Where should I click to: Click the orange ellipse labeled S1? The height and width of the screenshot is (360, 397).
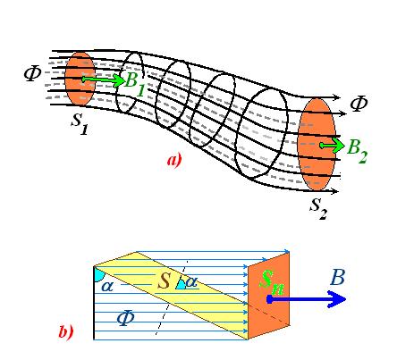pyautogui.click(x=80, y=79)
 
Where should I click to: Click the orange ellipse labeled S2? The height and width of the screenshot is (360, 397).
pyautogui.click(x=317, y=145)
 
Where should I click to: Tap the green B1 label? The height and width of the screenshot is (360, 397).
pyautogui.click(x=135, y=83)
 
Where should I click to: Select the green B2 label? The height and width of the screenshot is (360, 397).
pyautogui.click(x=357, y=151)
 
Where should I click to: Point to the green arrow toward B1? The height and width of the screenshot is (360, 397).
pyautogui.click(x=103, y=80)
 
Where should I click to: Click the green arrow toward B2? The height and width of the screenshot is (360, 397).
pyautogui.click(x=332, y=146)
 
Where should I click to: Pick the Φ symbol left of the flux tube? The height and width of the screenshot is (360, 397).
pyautogui.click(x=32, y=73)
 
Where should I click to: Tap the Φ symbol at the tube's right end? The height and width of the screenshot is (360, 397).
pyautogui.click(x=359, y=104)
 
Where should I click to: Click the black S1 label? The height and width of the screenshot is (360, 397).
pyautogui.click(x=80, y=123)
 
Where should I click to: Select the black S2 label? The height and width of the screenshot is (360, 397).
pyautogui.click(x=318, y=208)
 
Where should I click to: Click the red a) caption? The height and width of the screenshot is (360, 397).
pyautogui.click(x=174, y=161)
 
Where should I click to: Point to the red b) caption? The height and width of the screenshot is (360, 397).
pyautogui.click(x=66, y=331)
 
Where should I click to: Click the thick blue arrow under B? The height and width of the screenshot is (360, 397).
pyautogui.click(x=307, y=299)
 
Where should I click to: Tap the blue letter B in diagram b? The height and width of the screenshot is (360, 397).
pyautogui.click(x=338, y=278)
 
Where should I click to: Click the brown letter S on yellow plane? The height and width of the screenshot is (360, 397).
pyautogui.click(x=164, y=280)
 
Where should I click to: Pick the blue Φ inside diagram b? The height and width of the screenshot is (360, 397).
pyautogui.click(x=125, y=318)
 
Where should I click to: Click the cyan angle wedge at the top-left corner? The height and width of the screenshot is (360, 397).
pyautogui.click(x=98, y=274)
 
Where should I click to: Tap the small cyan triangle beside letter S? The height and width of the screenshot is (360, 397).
pyautogui.click(x=181, y=285)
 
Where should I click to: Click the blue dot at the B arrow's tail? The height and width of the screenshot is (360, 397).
pyautogui.click(x=269, y=299)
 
